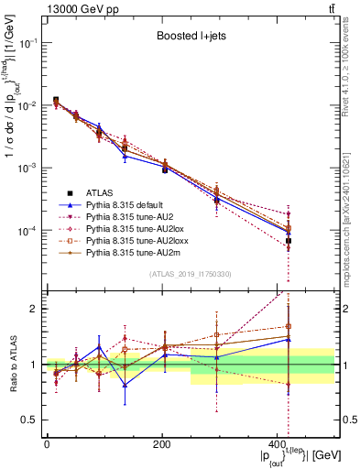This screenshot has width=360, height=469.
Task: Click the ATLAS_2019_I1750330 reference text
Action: [191, 274]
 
